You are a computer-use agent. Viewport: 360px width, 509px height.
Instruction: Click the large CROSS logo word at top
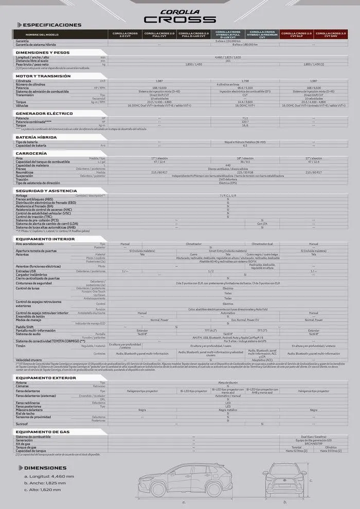179,19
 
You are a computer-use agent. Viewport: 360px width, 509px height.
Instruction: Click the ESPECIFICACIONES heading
52,25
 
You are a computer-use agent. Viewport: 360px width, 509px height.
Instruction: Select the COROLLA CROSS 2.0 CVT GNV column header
331,34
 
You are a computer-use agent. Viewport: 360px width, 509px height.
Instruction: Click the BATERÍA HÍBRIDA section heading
40,137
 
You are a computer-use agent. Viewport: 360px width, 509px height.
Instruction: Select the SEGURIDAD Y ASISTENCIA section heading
46,191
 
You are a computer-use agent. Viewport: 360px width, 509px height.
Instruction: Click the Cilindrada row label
23,81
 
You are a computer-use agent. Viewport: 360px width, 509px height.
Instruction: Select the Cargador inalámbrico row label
32,275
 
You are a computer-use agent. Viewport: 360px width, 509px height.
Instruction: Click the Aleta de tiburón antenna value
228,383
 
